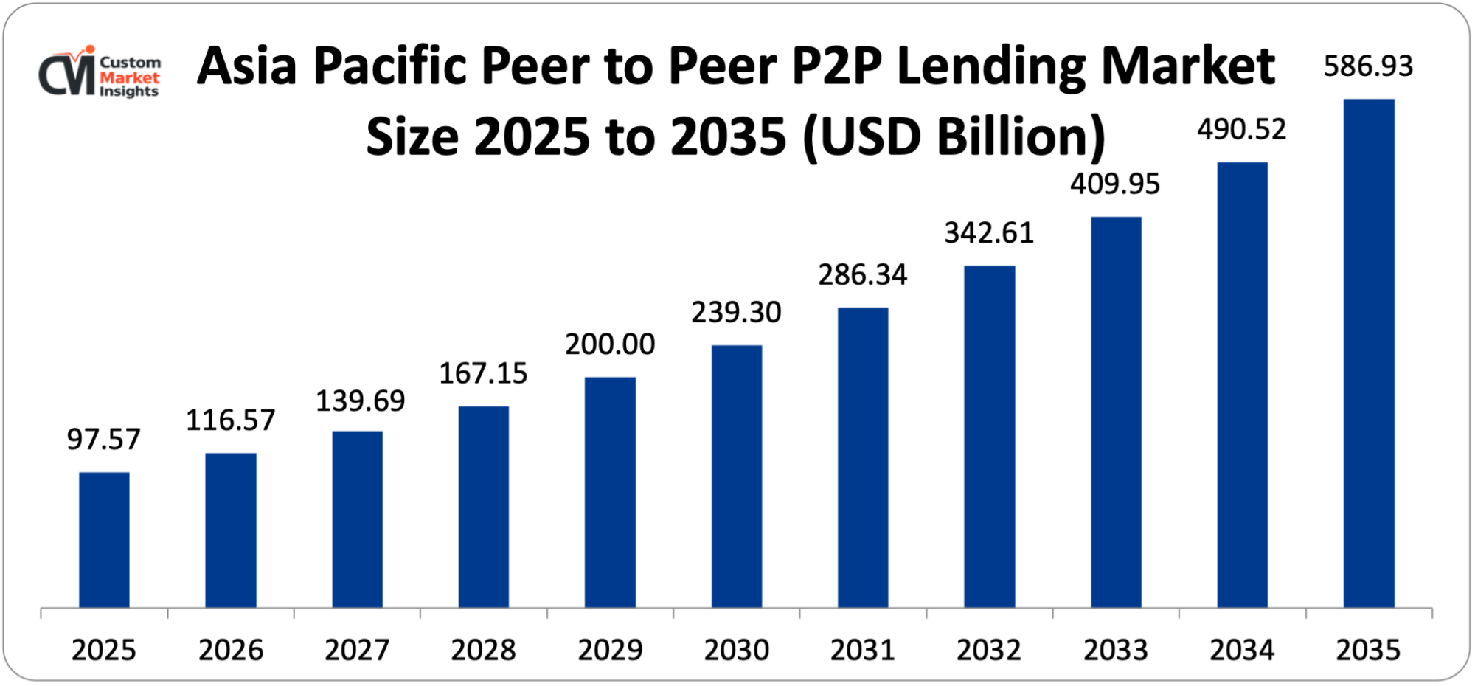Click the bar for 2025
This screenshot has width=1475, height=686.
click(104, 540)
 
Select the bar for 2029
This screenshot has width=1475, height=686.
click(610, 492)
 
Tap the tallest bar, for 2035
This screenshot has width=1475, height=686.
click(1369, 353)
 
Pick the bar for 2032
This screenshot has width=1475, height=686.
click(989, 437)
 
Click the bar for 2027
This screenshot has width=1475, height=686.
click(357, 519)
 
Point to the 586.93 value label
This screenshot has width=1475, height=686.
click(1368, 66)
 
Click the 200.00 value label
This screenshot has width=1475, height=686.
click(610, 344)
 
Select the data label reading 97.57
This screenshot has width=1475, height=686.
click(103, 440)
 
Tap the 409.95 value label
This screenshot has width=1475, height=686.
click(1115, 184)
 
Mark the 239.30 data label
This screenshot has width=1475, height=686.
click(736, 313)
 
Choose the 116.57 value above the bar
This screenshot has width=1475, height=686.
click(230, 420)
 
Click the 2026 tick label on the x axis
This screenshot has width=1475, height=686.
click(230, 651)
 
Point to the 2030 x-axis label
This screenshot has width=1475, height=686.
click(736, 651)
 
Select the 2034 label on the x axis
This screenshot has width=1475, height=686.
click(1242, 651)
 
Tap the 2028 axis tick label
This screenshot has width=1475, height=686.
click(483, 651)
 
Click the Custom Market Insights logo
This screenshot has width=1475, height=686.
click(100, 72)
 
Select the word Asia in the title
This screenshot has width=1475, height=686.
click(247, 66)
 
